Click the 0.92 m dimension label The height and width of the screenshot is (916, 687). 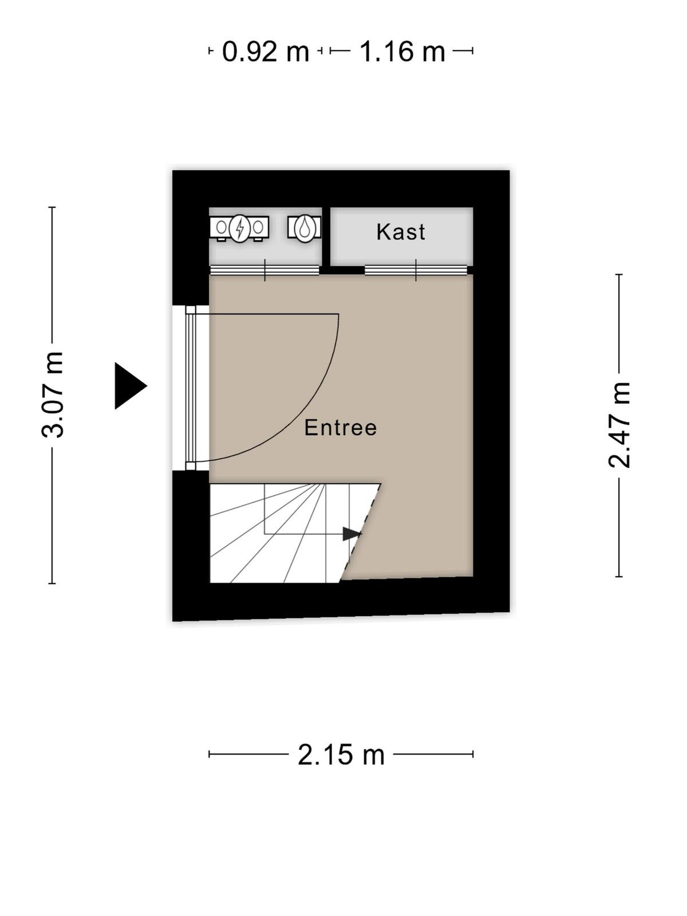pyautogui.click(x=265, y=52)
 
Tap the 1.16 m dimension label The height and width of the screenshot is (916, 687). pyautogui.click(x=402, y=52)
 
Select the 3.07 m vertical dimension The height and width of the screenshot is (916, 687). pyautogui.click(x=53, y=395)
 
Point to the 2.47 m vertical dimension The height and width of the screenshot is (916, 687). pyautogui.click(x=619, y=425)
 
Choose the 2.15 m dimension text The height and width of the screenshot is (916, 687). pyautogui.click(x=341, y=755)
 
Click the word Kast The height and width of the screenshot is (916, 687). pyautogui.click(x=400, y=232)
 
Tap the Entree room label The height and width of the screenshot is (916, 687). pyautogui.click(x=341, y=428)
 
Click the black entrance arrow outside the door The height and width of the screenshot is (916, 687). pyautogui.click(x=131, y=386)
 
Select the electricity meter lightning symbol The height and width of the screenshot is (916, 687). pyautogui.click(x=240, y=228)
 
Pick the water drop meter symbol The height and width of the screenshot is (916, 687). pyautogui.click(x=305, y=228)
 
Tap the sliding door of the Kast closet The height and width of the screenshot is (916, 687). pyautogui.click(x=416, y=270)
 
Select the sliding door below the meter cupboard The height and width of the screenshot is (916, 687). pyautogui.click(x=265, y=270)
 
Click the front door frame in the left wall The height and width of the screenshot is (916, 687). pyautogui.click(x=191, y=388)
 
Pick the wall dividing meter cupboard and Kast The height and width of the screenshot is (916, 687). pyautogui.click(x=326, y=238)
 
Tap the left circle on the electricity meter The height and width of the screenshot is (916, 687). pyautogui.click(x=222, y=227)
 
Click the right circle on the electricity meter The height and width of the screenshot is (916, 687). pyautogui.click(x=258, y=227)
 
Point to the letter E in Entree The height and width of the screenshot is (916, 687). pyautogui.click(x=310, y=428)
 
